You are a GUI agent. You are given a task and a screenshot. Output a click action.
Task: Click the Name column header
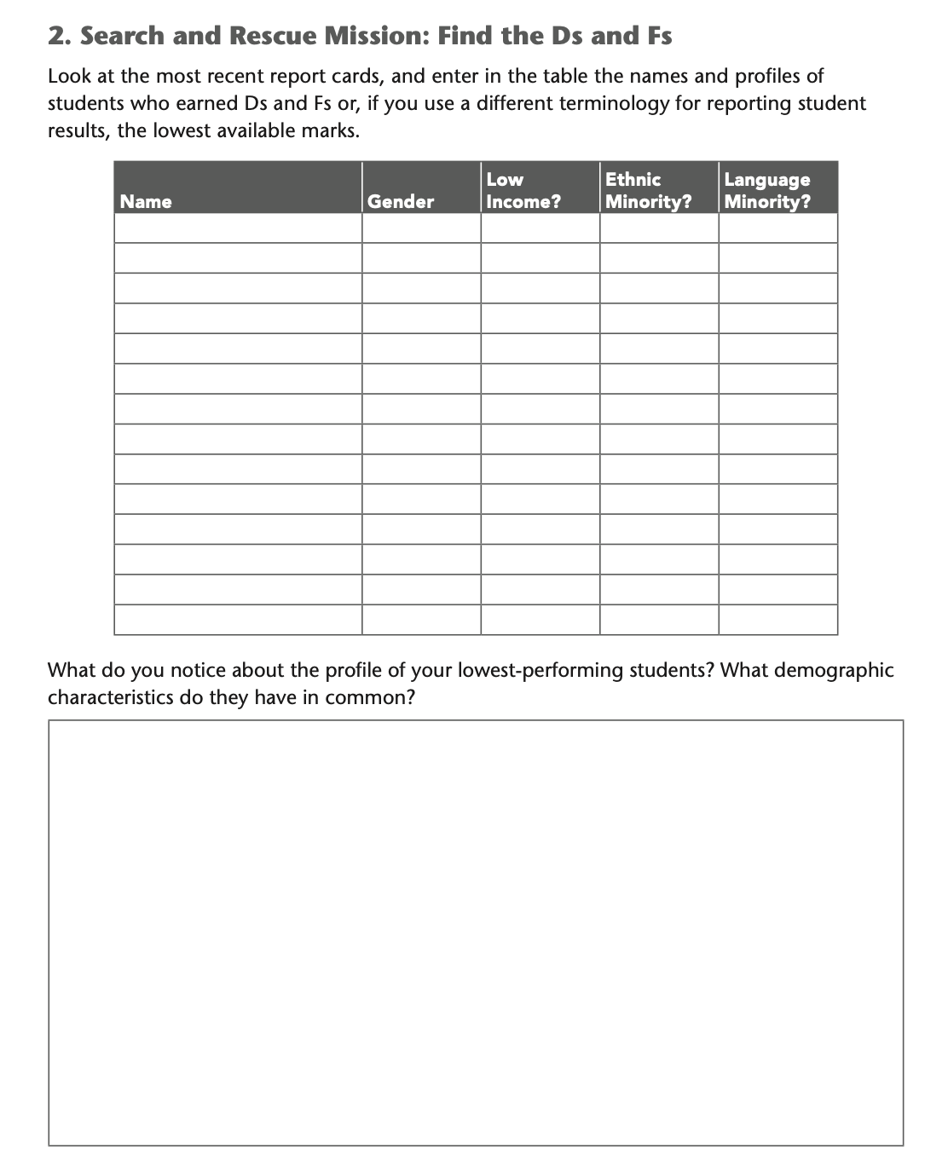point(146,201)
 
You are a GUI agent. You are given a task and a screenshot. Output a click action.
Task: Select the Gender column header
point(401,201)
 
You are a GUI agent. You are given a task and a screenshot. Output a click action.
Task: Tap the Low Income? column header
point(523,190)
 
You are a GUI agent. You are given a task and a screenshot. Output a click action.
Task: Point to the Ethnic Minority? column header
point(648,190)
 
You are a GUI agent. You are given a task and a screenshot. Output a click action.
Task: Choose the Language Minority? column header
point(767,190)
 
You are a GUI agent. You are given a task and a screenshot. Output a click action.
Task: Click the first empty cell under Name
point(238,228)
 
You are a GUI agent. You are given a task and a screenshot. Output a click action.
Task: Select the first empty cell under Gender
point(421,228)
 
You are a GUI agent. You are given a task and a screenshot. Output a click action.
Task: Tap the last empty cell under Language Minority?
point(777,620)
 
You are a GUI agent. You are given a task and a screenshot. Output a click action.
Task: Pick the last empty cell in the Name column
point(238,620)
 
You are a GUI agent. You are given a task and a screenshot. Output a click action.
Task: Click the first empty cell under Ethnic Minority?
point(659,228)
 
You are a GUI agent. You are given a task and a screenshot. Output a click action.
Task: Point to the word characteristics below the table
point(110,697)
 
